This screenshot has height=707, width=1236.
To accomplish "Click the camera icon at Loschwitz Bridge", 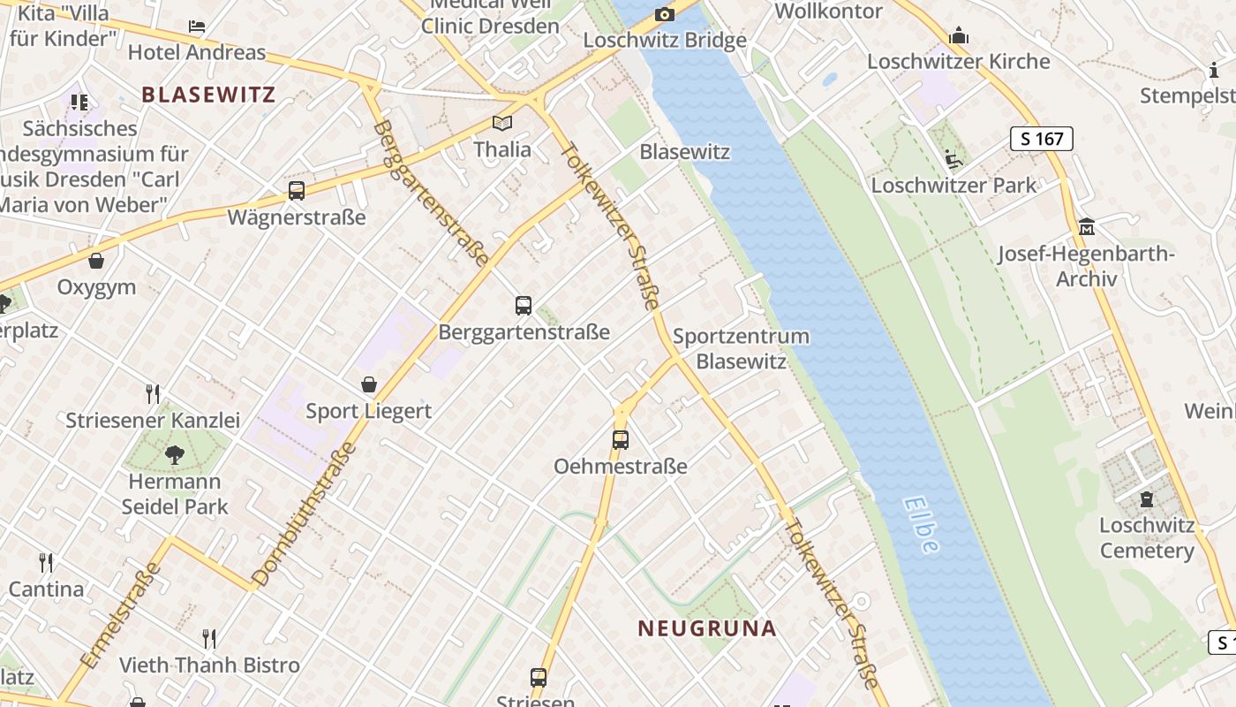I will tap(664, 14).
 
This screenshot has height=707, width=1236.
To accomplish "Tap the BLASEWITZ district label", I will tap(208, 95).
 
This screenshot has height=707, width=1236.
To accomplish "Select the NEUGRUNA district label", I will tap(707, 628).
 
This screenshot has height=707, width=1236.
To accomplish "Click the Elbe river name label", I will tap(921, 524).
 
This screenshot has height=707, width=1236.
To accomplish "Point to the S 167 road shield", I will tap(1041, 138).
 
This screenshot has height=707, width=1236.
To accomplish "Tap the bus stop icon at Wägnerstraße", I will tap(297, 190).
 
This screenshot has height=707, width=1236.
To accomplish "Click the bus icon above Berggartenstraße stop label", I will tap(524, 306).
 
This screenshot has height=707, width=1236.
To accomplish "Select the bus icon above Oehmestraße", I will tap(621, 439).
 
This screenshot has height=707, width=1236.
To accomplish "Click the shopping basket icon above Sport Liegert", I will tap(369, 384).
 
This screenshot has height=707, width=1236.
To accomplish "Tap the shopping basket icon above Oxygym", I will tap(96, 261).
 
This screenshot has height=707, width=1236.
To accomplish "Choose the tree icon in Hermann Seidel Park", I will tap(175, 455).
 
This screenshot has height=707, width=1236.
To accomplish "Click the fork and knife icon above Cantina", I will tap(46, 562).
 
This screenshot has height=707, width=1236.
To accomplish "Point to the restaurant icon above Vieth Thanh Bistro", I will tap(209, 638).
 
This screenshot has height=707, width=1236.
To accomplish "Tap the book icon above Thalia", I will tap(502, 124).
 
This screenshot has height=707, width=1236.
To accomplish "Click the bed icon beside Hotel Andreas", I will tap(197, 27).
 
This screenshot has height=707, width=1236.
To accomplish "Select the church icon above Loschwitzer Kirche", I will tap(959, 36).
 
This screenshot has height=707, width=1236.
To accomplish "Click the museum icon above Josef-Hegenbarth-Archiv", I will tap(1087, 227).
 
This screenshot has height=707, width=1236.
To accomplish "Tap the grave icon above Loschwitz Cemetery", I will tap(1147, 499).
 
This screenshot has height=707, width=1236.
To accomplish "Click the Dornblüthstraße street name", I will tap(305, 514).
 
